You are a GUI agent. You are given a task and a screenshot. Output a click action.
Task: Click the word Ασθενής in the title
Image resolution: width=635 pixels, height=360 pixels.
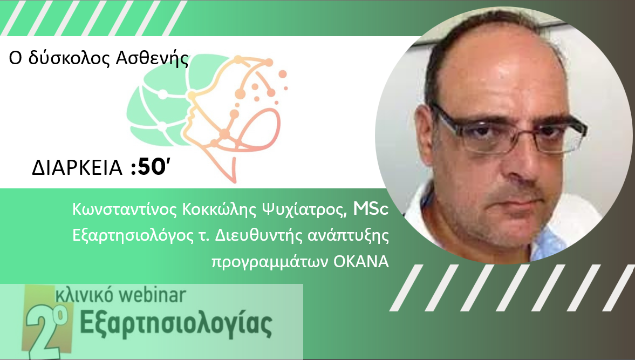pyautogui.click(x=152, y=59)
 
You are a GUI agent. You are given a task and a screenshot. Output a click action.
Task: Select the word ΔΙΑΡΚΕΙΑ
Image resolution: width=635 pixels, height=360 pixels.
pyautogui.click(x=77, y=168)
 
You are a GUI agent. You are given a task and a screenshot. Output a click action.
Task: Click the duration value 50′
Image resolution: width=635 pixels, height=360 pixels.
pyautogui.click(x=152, y=167)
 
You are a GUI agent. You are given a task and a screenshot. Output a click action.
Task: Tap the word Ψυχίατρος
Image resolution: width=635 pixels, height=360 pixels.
pyautogui.click(x=304, y=209)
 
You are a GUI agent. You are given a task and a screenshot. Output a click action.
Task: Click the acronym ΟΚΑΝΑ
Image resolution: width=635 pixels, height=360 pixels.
pyautogui.click(x=361, y=262)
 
